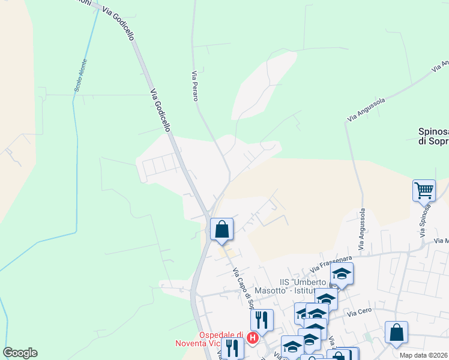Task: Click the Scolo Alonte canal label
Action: coord(81,76)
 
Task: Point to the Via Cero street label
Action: coord(360,313)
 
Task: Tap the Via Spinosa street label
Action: coord(427,220)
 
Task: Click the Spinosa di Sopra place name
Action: coord(433,137)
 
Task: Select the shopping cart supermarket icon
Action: coord(424,191)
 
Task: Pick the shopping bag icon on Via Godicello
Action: coord(221,229)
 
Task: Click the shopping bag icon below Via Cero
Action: coord(396,332)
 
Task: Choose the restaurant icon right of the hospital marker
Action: coord(262,319)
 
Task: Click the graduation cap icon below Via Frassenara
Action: coord(342,274)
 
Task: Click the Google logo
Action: coord(20,353)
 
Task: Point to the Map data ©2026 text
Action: coord(424,355)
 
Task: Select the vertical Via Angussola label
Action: coord(361,229)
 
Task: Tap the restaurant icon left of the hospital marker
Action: coord(232,348)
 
